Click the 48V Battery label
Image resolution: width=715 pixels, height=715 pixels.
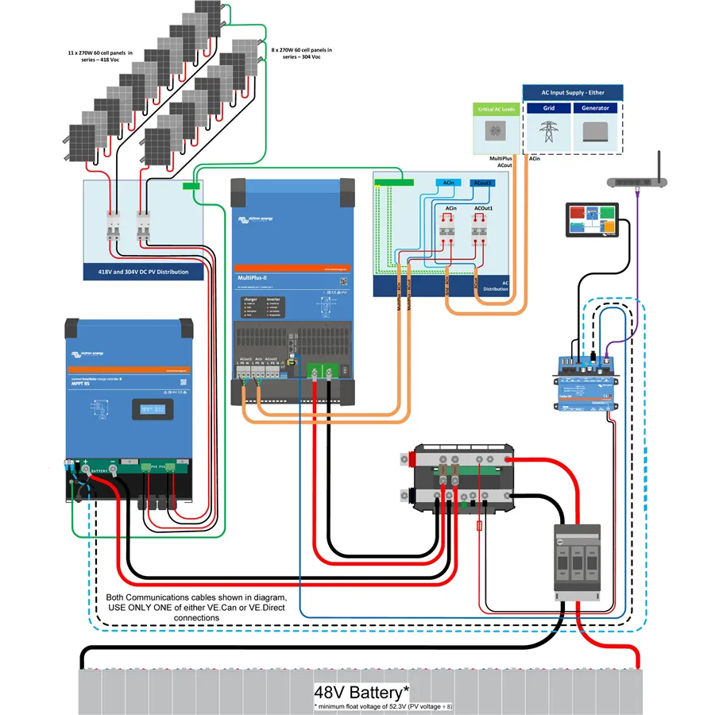(x=362, y=691)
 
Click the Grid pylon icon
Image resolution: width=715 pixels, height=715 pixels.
(x=548, y=130)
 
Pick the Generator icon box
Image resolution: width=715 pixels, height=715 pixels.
(x=595, y=131)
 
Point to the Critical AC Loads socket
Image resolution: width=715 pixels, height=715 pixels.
(x=497, y=132)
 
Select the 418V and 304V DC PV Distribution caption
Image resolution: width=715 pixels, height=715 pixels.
(x=138, y=272)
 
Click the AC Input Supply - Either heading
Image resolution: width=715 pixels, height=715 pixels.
(x=572, y=92)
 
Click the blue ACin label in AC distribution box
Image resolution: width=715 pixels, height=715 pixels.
(x=450, y=184)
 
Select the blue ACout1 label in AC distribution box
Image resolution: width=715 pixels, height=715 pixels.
(x=482, y=184)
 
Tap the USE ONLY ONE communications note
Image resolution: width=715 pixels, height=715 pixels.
(x=195, y=607)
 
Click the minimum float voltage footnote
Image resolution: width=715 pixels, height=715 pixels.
(x=383, y=706)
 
